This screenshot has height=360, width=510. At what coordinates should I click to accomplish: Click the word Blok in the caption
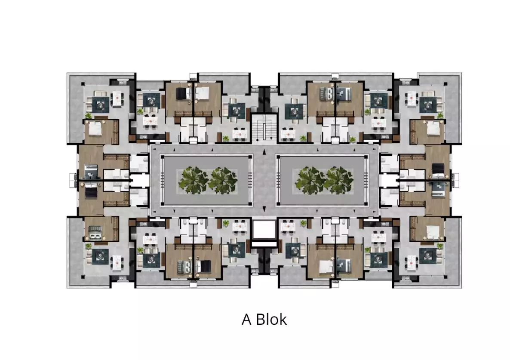[x=271, y=319]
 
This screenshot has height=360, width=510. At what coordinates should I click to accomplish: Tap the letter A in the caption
[x=246, y=320]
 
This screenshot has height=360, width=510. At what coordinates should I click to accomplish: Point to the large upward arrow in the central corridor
[x=264, y=151]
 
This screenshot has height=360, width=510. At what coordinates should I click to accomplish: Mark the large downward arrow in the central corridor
[x=264, y=209]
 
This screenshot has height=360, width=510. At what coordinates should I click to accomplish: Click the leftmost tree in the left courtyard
[x=193, y=180]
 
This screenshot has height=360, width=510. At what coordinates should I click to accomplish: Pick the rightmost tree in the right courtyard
[x=340, y=180]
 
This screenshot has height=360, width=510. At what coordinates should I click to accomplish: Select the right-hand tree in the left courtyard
[x=223, y=180]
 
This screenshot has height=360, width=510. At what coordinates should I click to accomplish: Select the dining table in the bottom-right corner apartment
[x=411, y=262]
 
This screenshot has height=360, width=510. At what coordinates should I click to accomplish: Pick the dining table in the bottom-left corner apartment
[x=117, y=262]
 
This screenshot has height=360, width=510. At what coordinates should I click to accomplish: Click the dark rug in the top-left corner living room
[x=101, y=105]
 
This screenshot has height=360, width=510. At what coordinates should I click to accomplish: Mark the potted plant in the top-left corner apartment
[x=89, y=115]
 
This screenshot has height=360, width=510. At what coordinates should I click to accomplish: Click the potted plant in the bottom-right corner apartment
[x=440, y=246]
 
